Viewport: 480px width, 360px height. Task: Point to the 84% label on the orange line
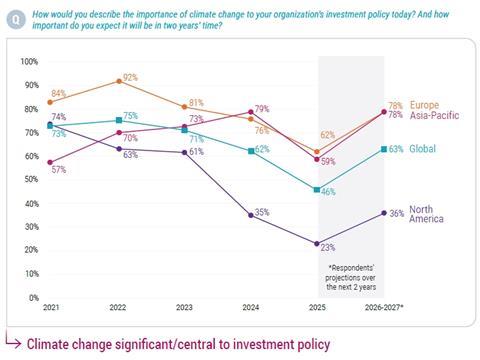(x=58, y=94)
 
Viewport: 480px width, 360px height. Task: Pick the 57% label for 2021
(x=59, y=171)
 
